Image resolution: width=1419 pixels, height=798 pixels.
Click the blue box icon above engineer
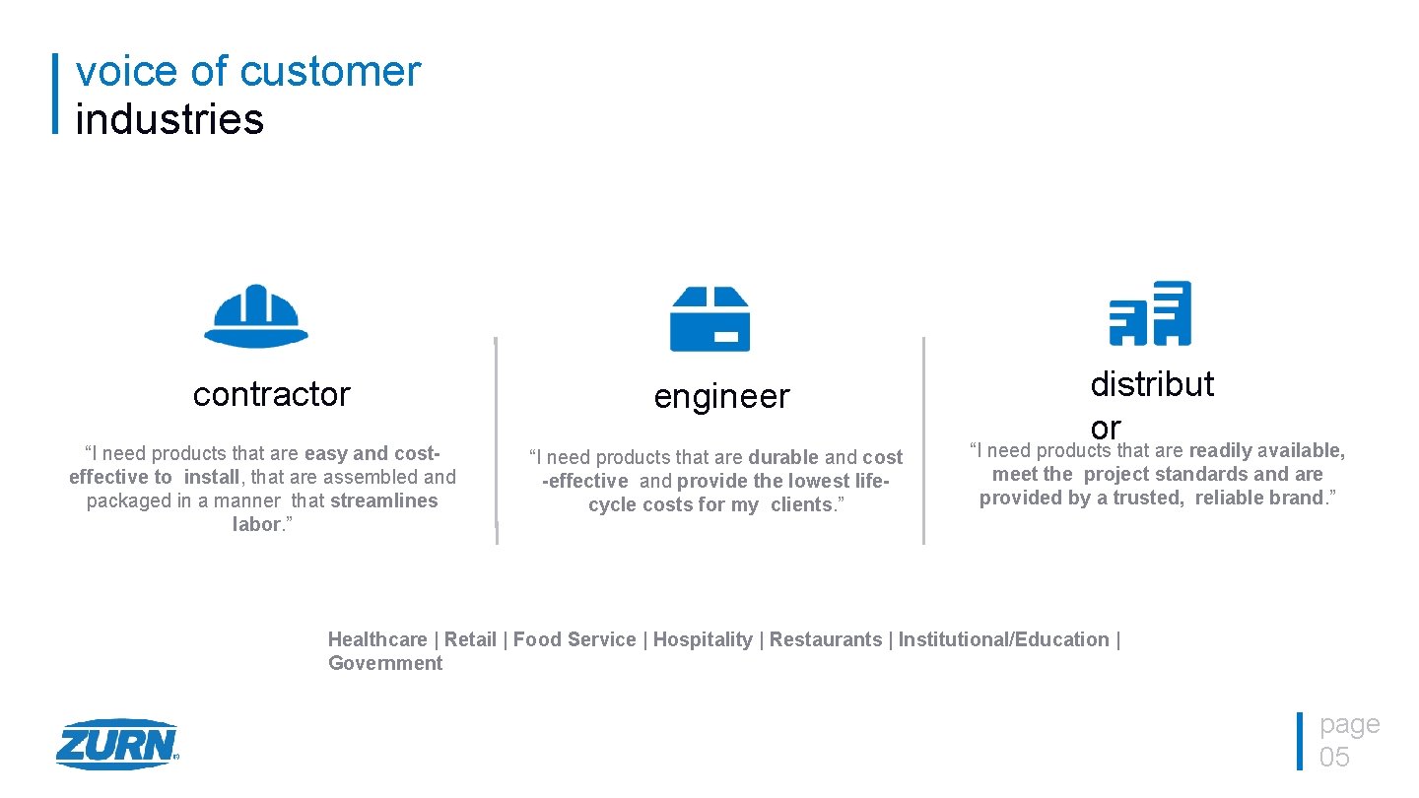pyautogui.click(x=709, y=319)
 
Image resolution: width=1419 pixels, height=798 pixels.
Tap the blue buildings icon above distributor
pyautogui.click(x=1150, y=313)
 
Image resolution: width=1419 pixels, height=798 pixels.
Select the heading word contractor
pyautogui.click(x=271, y=394)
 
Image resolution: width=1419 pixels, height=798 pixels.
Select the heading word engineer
pyautogui.click(x=721, y=397)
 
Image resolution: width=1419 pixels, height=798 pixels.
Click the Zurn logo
pyautogui.click(x=116, y=744)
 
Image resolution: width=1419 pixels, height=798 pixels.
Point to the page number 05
pyautogui.click(x=1334, y=757)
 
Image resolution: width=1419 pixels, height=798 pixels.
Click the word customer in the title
pyautogui.click(x=330, y=72)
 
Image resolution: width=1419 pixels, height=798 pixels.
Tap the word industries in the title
pyautogui.click(x=169, y=119)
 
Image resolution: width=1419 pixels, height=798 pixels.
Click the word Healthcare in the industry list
pyautogui.click(x=377, y=639)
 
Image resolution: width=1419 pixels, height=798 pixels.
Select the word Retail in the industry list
pyautogui.click(x=470, y=639)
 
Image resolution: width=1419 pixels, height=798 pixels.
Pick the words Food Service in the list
pyautogui.click(x=574, y=639)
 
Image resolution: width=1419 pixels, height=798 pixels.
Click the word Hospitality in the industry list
pyautogui.click(x=703, y=639)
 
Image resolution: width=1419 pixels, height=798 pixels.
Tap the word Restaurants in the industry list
pyautogui.click(x=826, y=639)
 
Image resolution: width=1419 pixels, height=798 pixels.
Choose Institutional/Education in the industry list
pyautogui.click(x=1003, y=639)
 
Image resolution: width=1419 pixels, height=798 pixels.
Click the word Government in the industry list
pyautogui.click(x=385, y=663)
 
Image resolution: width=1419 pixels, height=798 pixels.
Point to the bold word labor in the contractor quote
pyautogui.click(x=256, y=524)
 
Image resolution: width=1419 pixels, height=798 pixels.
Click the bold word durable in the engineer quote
pyautogui.click(x=783, y=457)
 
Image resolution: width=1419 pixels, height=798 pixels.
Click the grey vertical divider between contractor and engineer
pyautogui.click(x=496, y=440)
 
